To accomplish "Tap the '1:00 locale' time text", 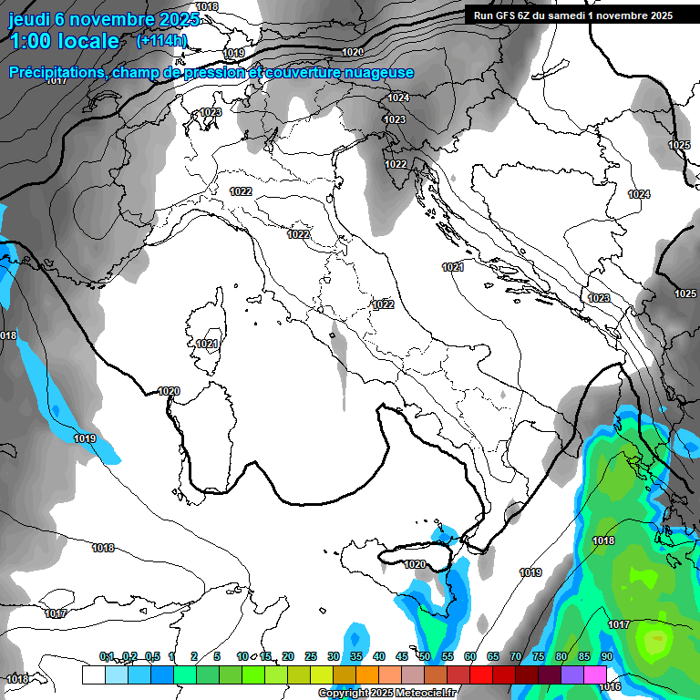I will point(64,41).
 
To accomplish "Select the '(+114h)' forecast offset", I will point(161,40).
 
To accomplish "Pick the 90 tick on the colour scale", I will point(606,656).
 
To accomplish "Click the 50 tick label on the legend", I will point(425,656).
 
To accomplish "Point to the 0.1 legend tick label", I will point(107,656).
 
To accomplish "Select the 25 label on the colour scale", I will point(311,656).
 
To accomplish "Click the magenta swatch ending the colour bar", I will point(595,674).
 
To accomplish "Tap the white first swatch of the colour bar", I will point(93,674).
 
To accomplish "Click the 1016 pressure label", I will point(610,686).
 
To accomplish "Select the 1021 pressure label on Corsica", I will point(207,344).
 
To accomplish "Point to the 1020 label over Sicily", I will point(415,564).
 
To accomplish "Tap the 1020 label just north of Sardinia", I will point(169,391).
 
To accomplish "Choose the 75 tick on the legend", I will point(539,656).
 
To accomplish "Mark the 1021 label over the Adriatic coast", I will point(453,267).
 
